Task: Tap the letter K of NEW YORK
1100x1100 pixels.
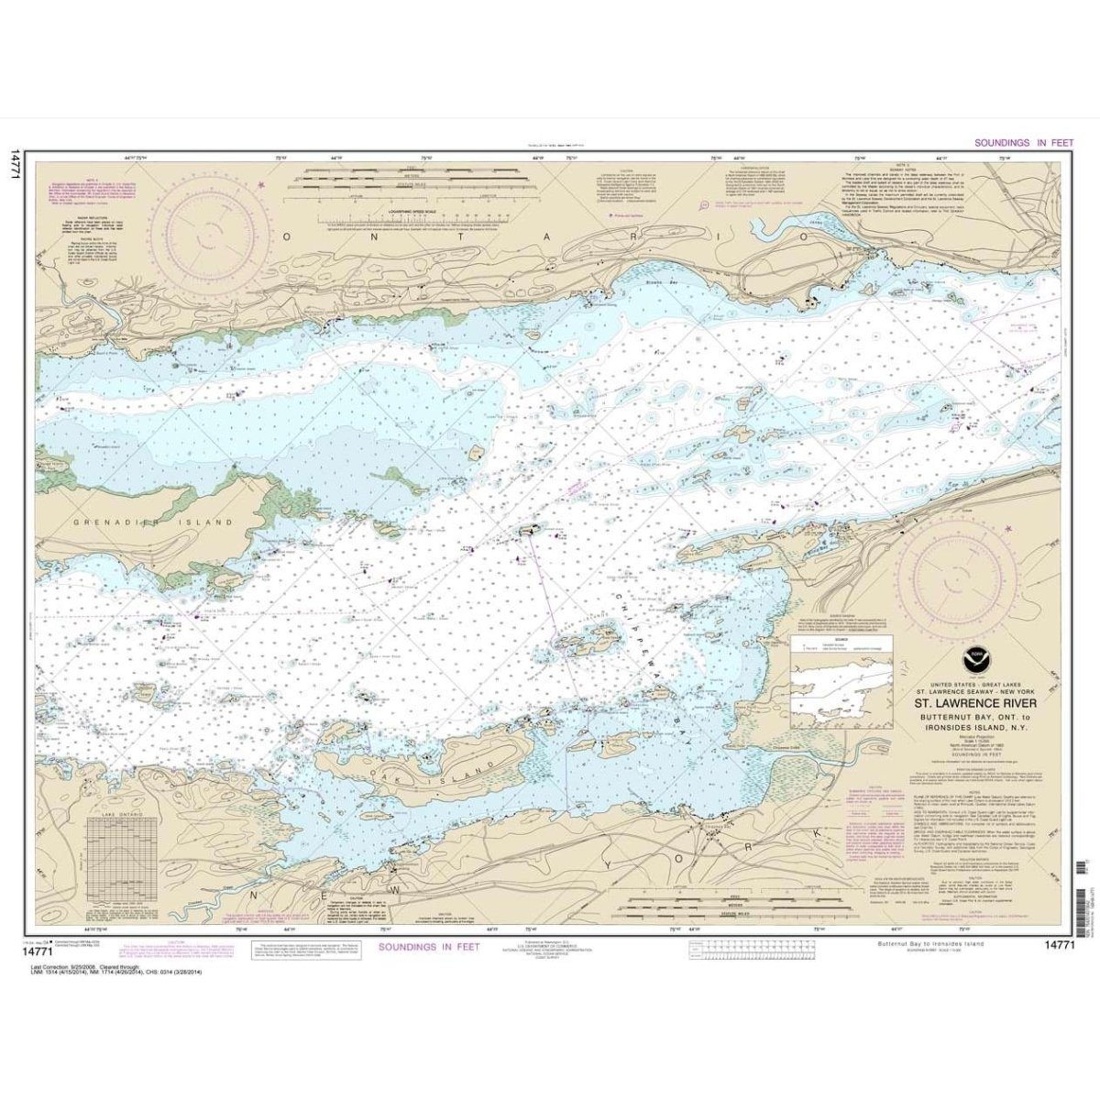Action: (816, 832)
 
